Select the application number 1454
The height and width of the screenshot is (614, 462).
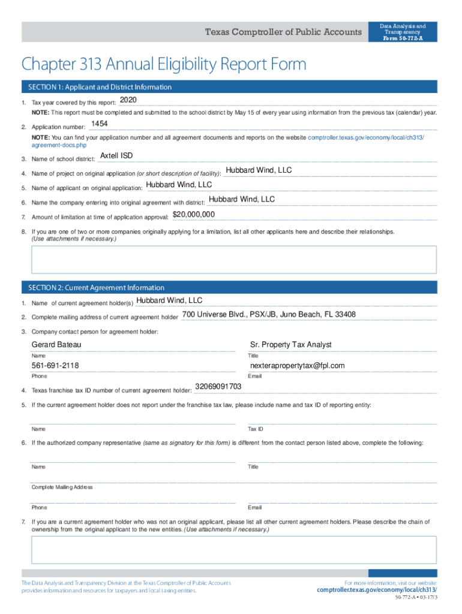[99, 124]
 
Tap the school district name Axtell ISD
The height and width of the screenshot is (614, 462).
[116, 156]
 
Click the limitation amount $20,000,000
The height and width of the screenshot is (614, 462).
[194, 214]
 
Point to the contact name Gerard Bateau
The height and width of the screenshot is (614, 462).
[56, 345]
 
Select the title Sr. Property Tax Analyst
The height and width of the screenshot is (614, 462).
[290, 345]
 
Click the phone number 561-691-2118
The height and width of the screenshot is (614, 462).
[55, 366]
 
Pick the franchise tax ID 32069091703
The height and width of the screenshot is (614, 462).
[218, 387]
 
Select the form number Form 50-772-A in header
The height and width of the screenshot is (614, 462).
[403, 38]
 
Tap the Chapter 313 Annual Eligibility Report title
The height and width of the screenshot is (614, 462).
[164, 64]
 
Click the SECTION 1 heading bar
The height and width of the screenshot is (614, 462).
[229, 87]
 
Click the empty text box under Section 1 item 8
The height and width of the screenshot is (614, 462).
[234, 259]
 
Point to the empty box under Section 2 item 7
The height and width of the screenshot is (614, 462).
[234, 550]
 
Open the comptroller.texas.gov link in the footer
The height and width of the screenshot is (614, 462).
[377, 590]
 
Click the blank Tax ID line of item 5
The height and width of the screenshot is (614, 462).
[342, 421]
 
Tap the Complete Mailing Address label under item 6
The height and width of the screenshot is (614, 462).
[62, 487]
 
